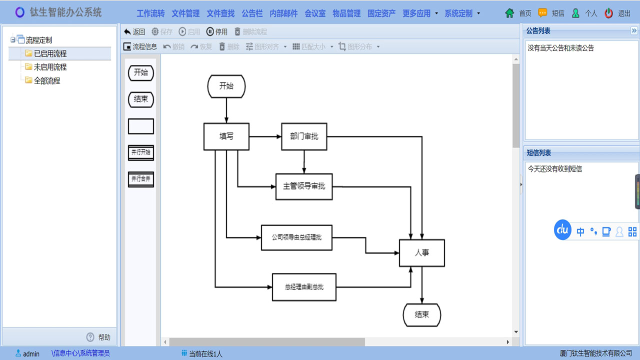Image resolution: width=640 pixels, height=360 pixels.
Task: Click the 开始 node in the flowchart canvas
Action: [x=226, y=86]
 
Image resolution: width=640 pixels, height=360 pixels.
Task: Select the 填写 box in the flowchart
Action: [x=226, y=136]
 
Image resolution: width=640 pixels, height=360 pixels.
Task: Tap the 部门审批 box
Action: [x=304, y=136]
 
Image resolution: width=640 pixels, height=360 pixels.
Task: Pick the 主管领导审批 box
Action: [x=304, y=186]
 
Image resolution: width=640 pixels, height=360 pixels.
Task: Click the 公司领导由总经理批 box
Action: [x=296, y=237]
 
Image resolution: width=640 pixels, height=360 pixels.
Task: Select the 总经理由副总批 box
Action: [x=304, y=287]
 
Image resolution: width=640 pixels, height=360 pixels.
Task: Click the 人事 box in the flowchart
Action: [x=421, y=253]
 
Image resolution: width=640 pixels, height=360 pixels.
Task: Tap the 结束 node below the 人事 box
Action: [x=421, y=315]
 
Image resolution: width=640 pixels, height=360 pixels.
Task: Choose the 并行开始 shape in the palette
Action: [x=141, y=152]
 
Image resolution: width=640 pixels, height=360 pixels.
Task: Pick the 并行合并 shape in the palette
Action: [x=141, y=178]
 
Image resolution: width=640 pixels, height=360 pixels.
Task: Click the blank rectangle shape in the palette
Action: [x=141, y=126]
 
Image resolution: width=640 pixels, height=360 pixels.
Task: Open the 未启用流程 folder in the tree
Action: [x=50, y=67]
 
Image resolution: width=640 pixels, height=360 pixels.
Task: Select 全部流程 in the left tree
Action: [x=47, y=80]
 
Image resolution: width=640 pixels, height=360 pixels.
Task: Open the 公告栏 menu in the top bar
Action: [x=252, y=13]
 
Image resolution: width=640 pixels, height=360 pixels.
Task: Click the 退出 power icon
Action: [x=608, y=13]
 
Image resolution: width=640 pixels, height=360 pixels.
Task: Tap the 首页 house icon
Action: [x=509, y=13]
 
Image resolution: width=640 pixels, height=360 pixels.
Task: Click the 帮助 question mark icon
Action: [x=90, y=337]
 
